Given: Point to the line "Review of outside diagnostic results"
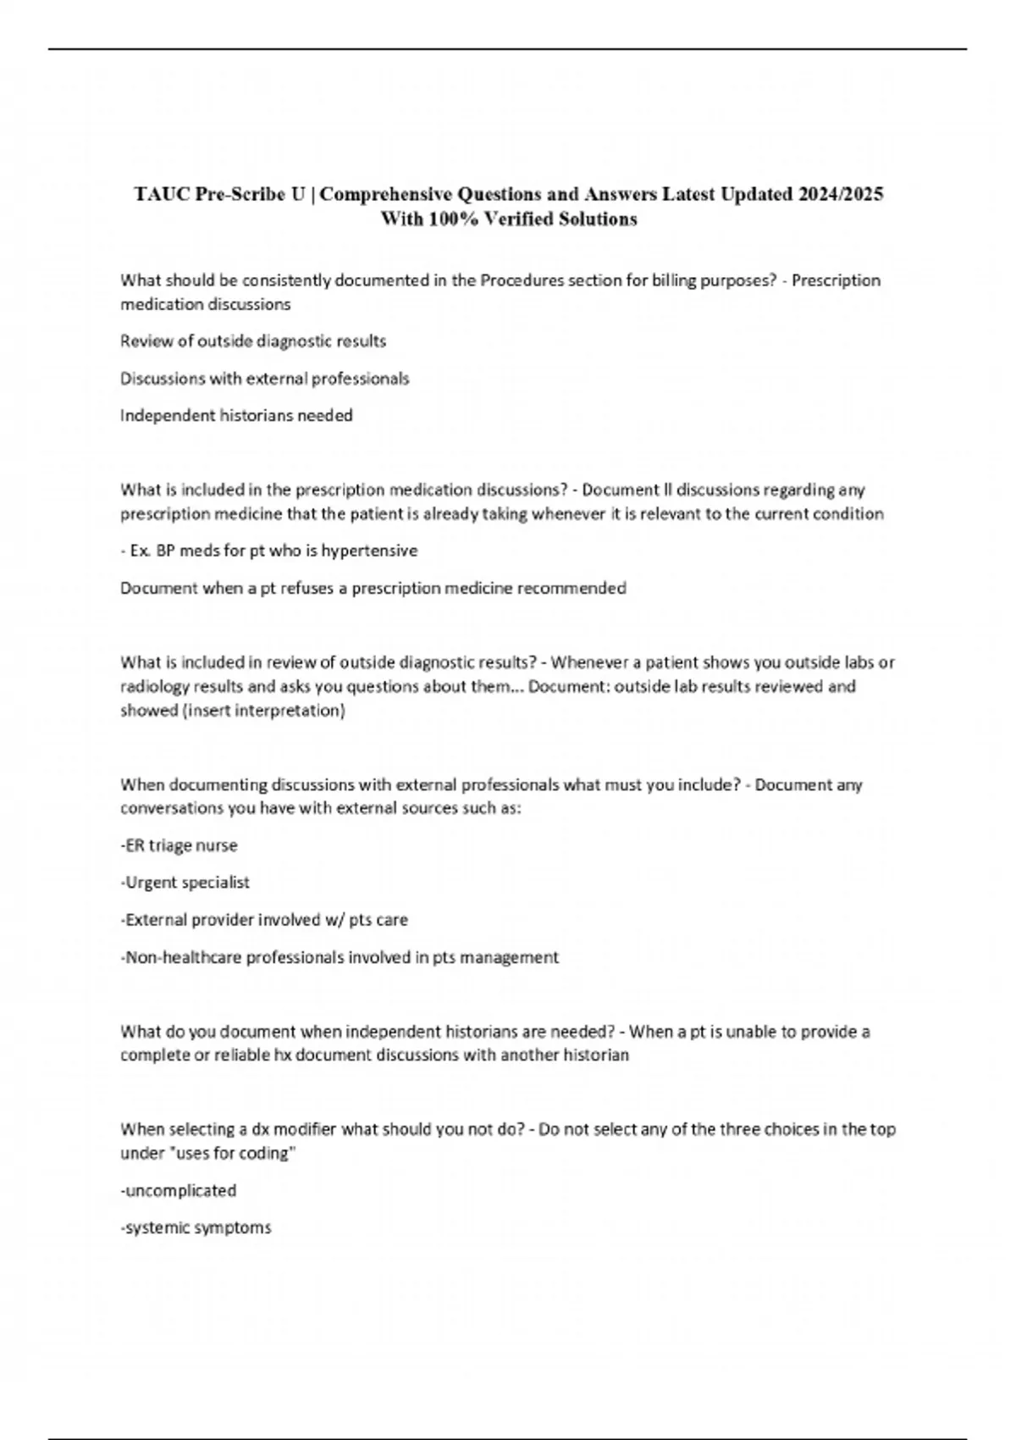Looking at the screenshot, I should [x=253, y=341].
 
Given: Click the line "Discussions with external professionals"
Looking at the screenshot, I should [x=264, y=379].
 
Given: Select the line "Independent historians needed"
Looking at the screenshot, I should [x=236, y=416].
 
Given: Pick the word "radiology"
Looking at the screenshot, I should [x=155, y=686].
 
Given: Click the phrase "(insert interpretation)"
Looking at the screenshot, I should [x=263, y=710].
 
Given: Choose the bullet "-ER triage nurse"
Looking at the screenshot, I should [x=179, y=845].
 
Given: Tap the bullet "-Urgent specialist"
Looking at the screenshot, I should [x=185, y=883].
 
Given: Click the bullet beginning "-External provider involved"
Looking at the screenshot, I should [x=263, y=920].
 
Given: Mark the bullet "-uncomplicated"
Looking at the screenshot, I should [x=178, y=1191].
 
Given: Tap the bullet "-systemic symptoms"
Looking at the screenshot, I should [x=196, y=1228].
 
